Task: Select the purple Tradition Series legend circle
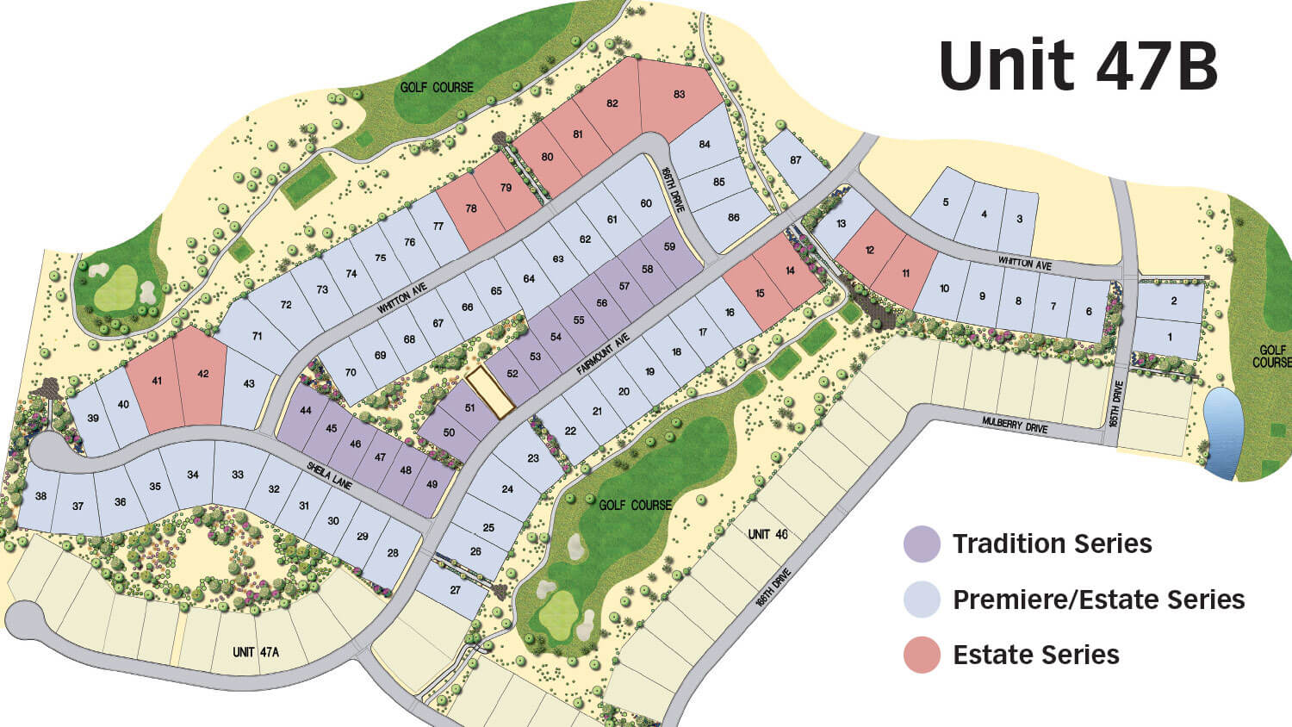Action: (x=922, y=544)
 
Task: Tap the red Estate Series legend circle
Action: (x=922, y=656)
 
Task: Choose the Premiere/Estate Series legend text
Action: (x=1098, y=600)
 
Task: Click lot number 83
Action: (x=680, y=95)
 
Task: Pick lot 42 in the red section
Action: (x=203, y=374)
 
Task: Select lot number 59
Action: (x=670, y=247)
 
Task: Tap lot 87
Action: (x=795, y=160)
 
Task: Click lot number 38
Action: (x=40, y=496)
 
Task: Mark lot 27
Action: (x=455, y=590)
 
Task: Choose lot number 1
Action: (x=1170, y=338)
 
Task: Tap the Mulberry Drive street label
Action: (x=1013, y=425)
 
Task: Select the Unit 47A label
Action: (x=256, y=652)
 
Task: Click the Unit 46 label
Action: (x=767, y=534)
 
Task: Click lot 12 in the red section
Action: (x=870, y=251)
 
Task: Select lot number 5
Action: (x=946, y=202)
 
